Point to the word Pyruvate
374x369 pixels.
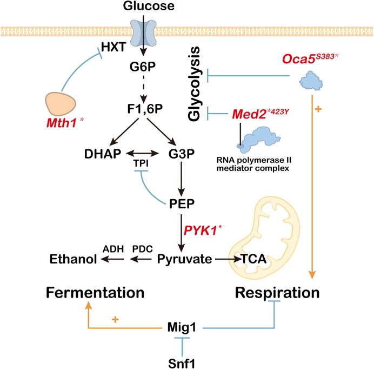click(x=184, y=260)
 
